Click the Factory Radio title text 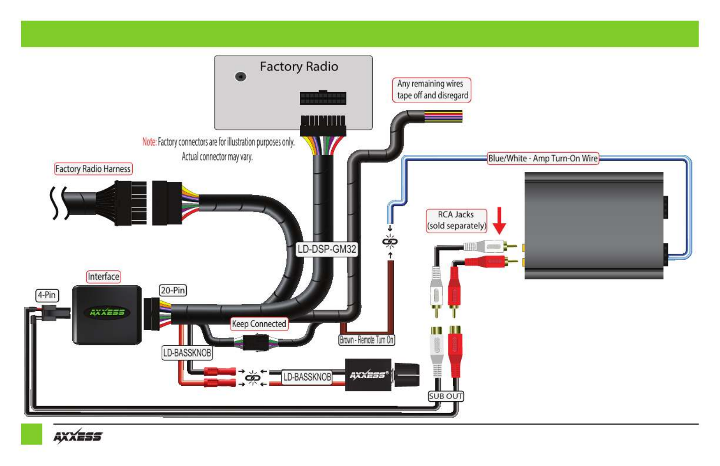point(299,67)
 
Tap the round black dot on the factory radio point(241,76)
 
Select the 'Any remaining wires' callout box point(432,90)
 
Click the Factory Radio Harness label point(93,169)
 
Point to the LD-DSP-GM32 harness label point(327,249)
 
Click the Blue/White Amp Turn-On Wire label point(543,158)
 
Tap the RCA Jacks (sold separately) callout point(456,220)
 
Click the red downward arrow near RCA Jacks point(499,220)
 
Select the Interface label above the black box point(104,277)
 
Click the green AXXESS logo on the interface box point(107,313)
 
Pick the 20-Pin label point(173,291)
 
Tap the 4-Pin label point(47,295)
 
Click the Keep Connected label point(259,324)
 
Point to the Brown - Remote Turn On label point(367,340)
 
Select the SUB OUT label point(446,396)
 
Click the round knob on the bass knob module point(407,375)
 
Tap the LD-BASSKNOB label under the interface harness point(187,353)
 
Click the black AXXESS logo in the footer point(78,436)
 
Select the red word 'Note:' point(149,142)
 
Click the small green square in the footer point(31,434)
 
